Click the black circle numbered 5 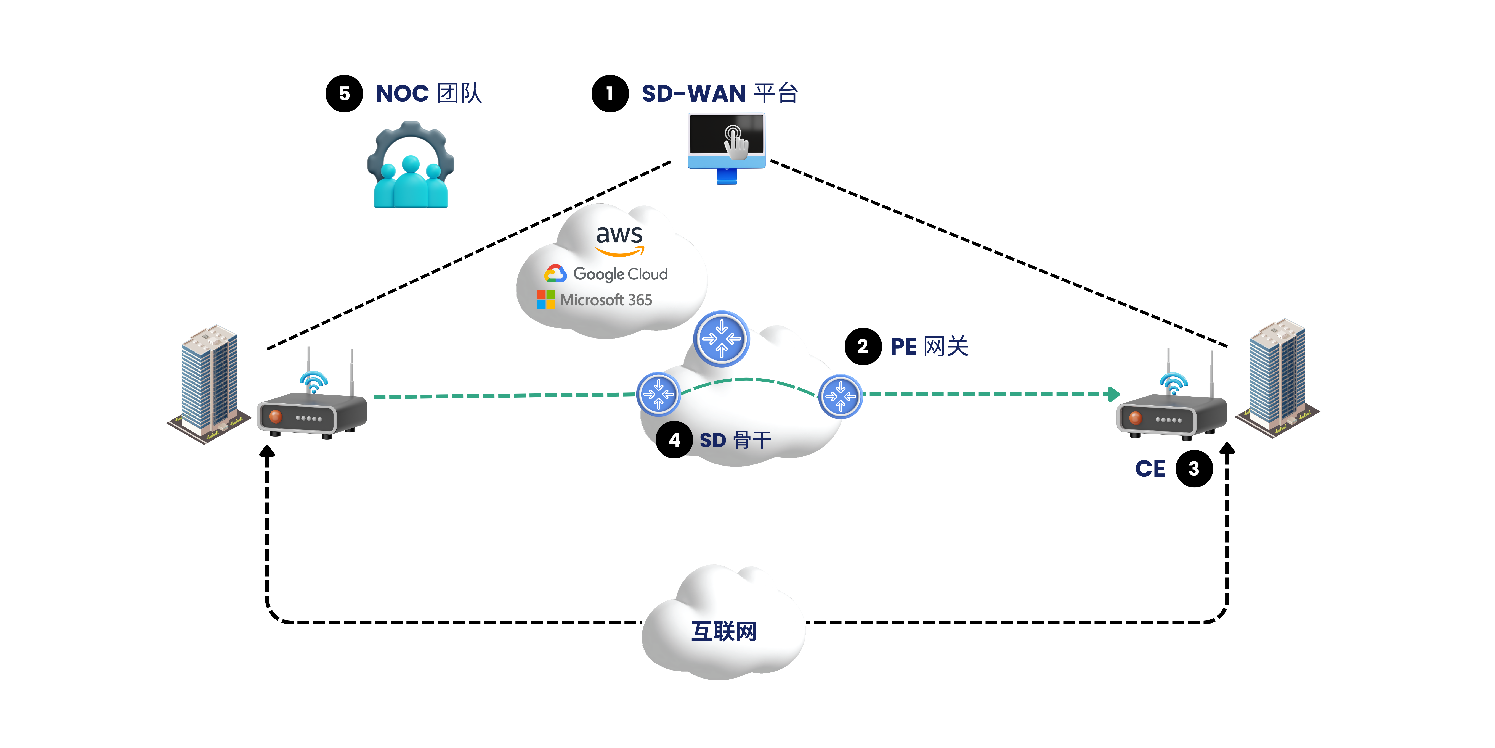[x=344, y=93]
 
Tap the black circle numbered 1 [x=610, y=93]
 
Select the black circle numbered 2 [x=863, y=347]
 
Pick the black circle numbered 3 [x=1194, y=469]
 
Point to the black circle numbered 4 [x=674, y=440]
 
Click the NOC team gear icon [x=411, y=164]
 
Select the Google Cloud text [x=620, y=274]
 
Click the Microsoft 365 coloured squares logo [x=545, y=300]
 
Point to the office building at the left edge [x=209, y=385]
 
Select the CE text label [x=1150, y=469]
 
